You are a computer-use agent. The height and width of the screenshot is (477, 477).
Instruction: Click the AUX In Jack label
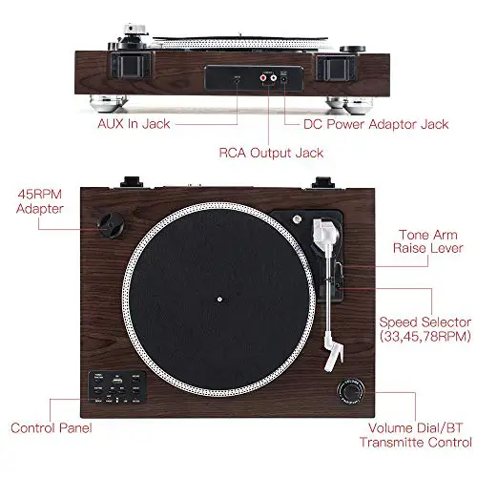134,124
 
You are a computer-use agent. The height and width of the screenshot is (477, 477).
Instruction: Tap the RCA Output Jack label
271,153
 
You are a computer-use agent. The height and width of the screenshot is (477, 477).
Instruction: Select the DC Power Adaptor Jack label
376,124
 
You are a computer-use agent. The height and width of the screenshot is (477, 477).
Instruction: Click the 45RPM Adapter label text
39,201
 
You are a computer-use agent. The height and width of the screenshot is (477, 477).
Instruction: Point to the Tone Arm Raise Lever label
428,241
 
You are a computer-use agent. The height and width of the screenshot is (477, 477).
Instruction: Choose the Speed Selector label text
425,329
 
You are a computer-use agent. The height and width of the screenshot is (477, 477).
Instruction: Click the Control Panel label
52,428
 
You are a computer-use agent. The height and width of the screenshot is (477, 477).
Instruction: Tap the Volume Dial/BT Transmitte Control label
416,435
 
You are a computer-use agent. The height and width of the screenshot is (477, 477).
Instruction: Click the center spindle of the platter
219,300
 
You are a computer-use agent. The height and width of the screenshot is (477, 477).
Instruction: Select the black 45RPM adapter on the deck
111,225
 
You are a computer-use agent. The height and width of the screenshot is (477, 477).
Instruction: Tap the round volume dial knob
351,392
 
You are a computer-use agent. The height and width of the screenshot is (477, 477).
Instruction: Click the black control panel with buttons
117,387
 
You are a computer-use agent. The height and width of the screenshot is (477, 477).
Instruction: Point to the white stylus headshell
333,352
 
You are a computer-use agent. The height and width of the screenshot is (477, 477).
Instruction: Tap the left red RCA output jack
263,77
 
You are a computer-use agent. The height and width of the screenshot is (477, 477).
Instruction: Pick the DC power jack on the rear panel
283,78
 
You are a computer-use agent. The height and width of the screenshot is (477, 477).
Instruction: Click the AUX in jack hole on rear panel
238,79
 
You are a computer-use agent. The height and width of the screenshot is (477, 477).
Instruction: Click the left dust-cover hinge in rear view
131,66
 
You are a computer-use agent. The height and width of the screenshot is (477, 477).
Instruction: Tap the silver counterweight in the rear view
135,30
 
